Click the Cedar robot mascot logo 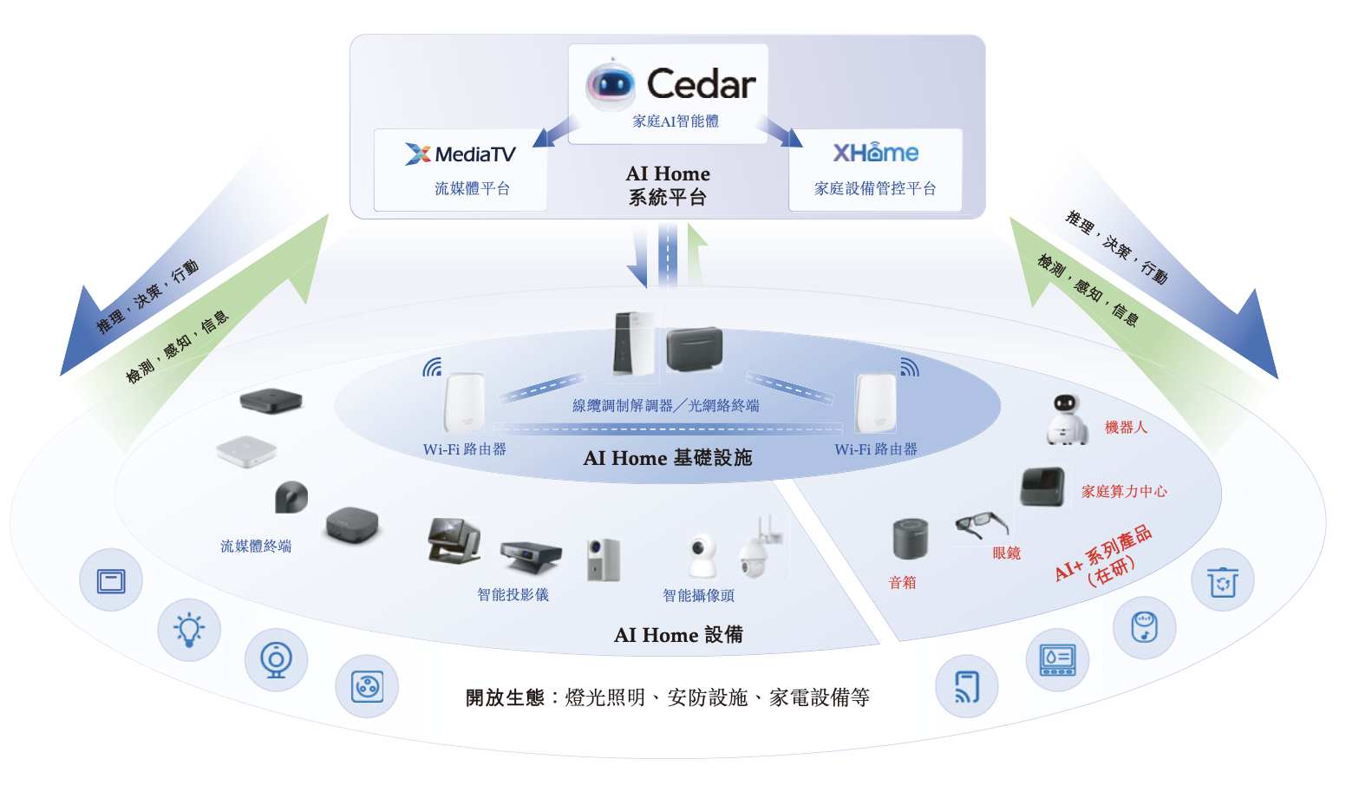click(x=611, y=84)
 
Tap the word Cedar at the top click(x=701, y=84)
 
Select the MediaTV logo click(x=461, y=154)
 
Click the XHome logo click(x=875, y=153)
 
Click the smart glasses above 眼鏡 click(x=982, y=524)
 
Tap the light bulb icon click(x=189, y=629)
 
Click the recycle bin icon click(x=1222, y=580)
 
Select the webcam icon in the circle click(x=276, y=659)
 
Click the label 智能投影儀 click(x=513, y=595)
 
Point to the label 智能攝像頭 click(x=698, y=596)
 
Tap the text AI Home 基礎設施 click(x=667, y=458)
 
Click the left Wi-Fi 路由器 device click(x=464, y=402)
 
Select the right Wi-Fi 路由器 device click(x=875, y=402)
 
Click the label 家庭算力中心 click(x=1123, y=492)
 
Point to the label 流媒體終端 click(x=256, y=546)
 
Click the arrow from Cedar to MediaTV click(x=554, y=132)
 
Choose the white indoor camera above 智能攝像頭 click(x=702, y=555)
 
